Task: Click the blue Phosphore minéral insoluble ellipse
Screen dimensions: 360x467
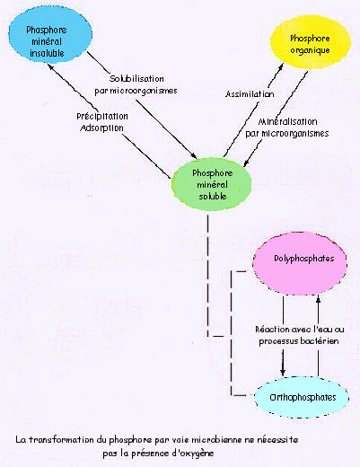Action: coord(50,35)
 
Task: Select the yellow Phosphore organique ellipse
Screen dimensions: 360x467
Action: coord(311,42)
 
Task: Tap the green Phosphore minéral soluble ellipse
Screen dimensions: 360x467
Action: coord(212,184)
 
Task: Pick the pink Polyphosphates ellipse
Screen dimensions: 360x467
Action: coord(300,263)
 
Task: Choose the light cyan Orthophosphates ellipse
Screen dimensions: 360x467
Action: coord(302,397)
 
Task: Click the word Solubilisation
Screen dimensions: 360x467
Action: coord(136,79)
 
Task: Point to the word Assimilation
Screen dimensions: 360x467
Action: coord(250,94)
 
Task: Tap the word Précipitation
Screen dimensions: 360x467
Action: coord(102,116)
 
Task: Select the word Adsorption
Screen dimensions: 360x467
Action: coord(101,128)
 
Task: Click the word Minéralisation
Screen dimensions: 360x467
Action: coord(287,121)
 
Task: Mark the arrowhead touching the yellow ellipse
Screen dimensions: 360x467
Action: coord(281,66)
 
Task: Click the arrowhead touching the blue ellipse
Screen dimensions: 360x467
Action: coord(50,66)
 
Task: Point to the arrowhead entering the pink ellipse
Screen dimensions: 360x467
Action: coord(319,297)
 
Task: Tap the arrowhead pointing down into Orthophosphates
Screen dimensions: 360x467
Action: coord(283,372)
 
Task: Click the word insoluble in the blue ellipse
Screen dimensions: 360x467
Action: coord(47,53)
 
